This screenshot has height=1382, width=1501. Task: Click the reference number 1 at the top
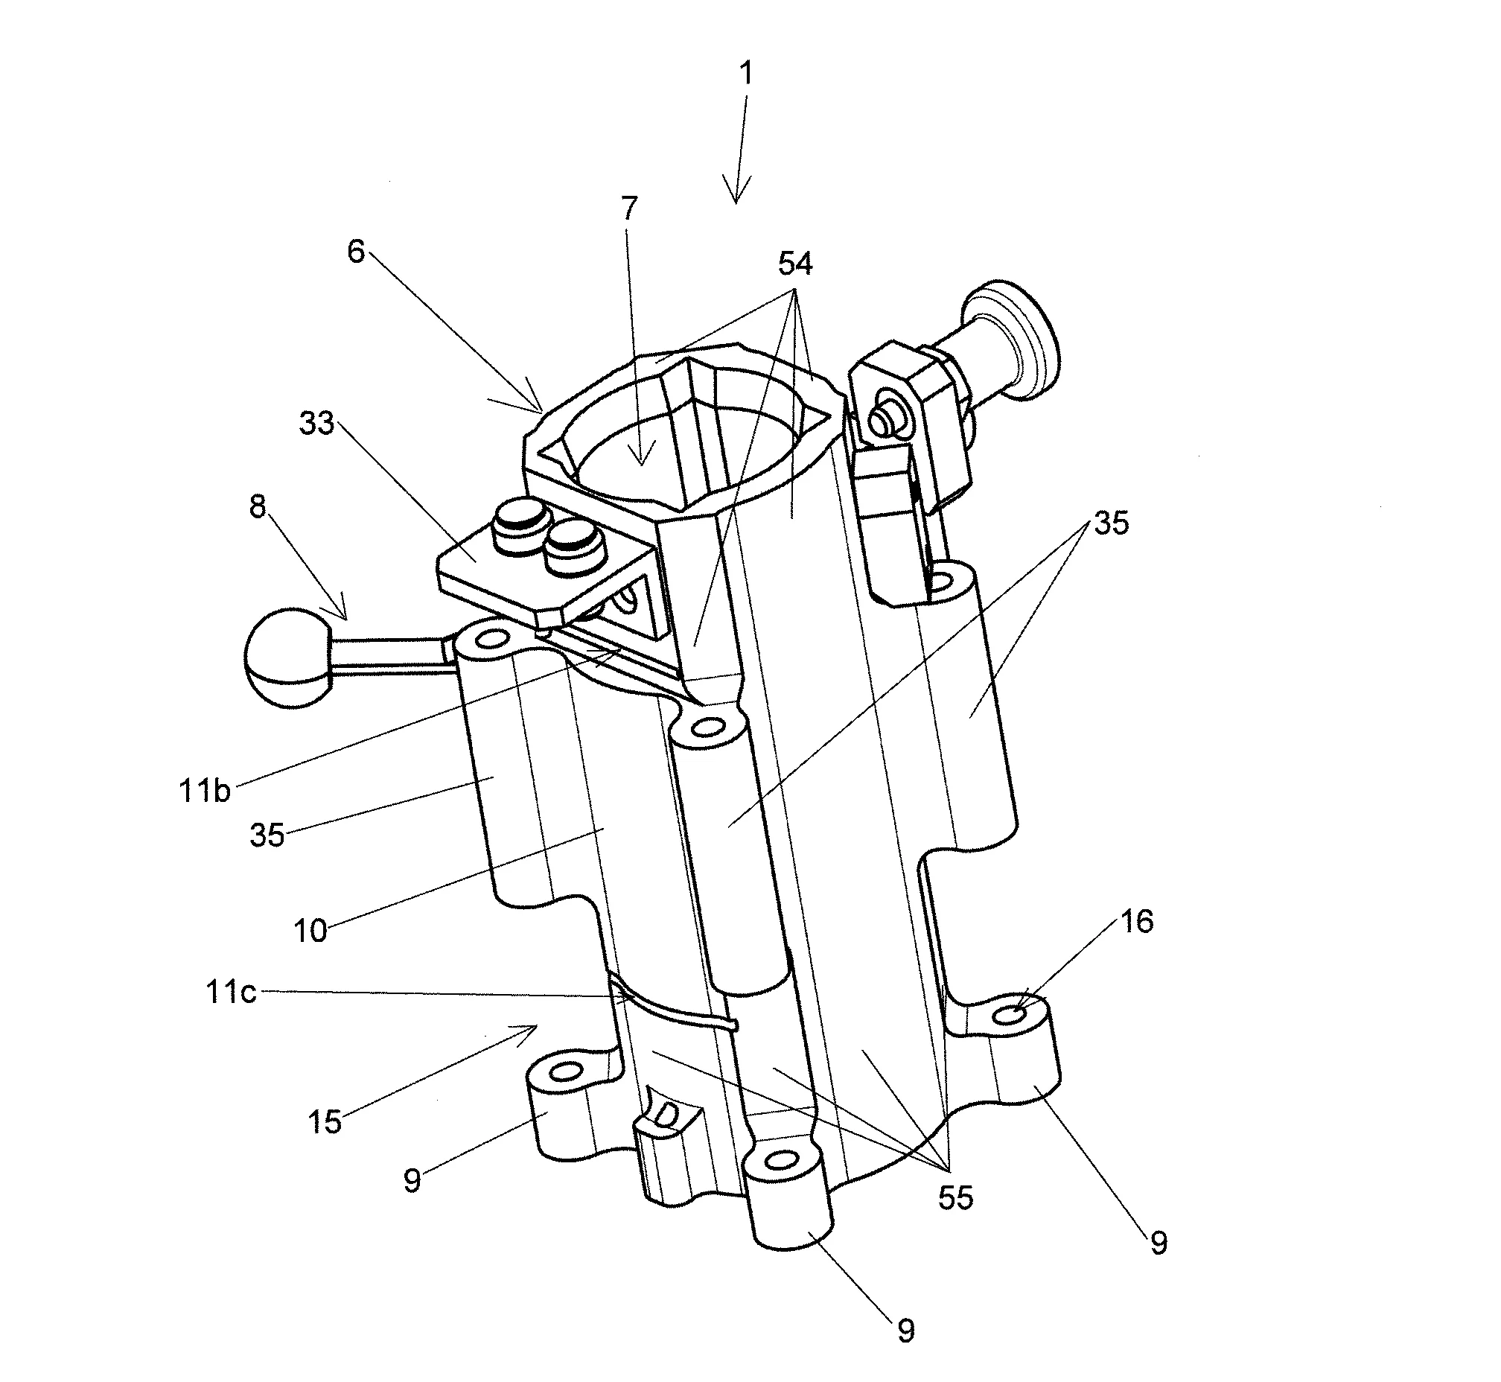pos(745,74)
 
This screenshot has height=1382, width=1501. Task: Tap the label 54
pos(795,264)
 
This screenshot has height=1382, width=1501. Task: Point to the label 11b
pos(205,791)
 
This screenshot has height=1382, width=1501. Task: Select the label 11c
pos(231,992)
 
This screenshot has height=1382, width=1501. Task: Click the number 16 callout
pos(1137,922)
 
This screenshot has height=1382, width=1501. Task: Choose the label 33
pos(316,423)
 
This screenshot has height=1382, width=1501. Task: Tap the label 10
pos(310,931)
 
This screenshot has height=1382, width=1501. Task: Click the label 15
pos(325,1121)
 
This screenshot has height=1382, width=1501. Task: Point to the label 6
pos(356,251)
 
